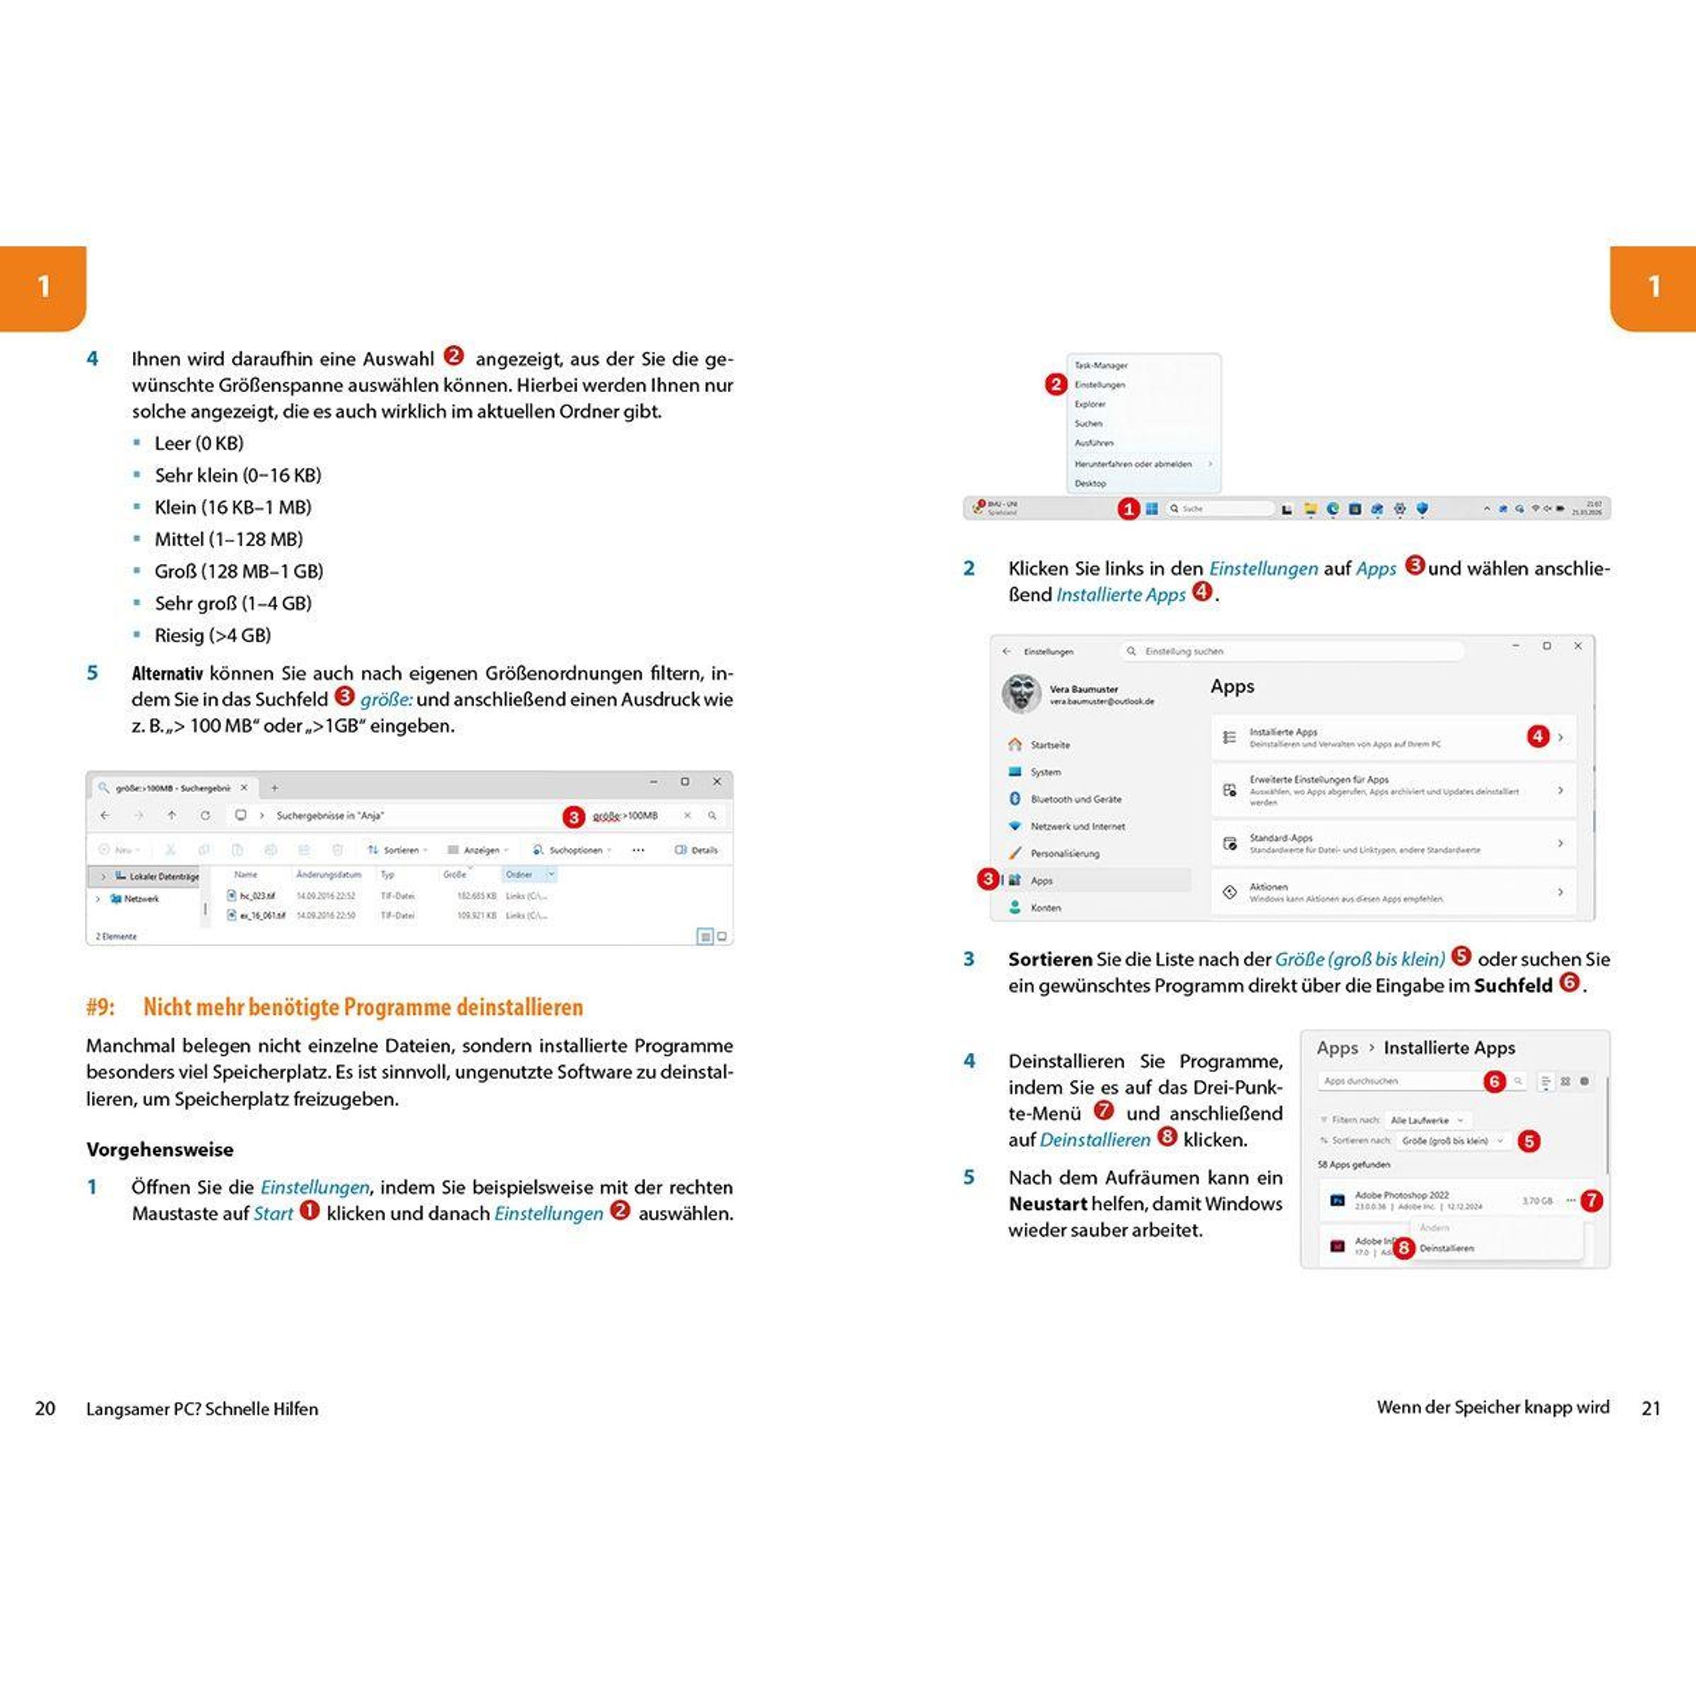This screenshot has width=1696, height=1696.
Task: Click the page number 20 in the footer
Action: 45,1409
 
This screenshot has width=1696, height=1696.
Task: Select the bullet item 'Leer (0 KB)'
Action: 199,443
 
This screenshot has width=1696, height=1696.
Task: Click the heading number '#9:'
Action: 101,1007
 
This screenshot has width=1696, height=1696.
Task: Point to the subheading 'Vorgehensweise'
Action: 160,1149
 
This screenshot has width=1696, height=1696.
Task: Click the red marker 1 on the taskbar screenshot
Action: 1128,509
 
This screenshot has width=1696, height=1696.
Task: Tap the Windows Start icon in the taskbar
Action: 1152,508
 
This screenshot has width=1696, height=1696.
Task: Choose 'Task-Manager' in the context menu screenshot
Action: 1101,365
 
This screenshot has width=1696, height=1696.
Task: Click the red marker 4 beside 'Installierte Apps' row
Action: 1537,736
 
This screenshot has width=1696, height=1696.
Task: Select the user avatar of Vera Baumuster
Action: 1022,693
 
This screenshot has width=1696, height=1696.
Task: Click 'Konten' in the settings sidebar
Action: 1046,907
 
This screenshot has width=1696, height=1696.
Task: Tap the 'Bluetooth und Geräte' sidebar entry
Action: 1076,799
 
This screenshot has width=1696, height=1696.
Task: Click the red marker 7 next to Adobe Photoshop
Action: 1591,1200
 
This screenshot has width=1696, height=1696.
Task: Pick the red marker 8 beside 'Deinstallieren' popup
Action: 1403,1247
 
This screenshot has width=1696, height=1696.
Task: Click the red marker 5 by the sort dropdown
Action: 1529,1141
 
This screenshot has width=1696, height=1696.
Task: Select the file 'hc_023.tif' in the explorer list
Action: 257,896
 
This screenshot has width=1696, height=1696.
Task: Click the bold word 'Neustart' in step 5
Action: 1048,1203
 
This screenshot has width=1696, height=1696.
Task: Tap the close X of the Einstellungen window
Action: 1577,646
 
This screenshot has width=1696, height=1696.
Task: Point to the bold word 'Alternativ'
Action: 167,673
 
